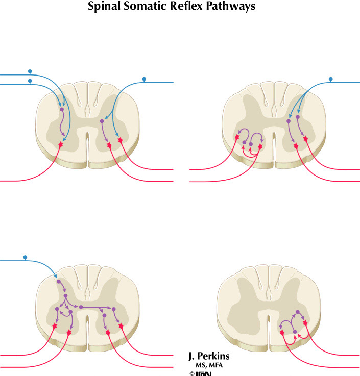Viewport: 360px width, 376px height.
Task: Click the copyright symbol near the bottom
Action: click(192, 374)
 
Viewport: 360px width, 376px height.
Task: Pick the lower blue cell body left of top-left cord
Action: click(30, 81)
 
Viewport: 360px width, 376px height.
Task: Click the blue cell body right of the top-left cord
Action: click(144, 79)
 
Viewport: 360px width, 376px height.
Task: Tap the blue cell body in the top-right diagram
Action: click(330, 79)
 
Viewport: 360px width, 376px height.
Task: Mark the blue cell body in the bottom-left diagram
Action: click(25, 257)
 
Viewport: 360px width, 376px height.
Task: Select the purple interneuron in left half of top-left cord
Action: click(61, 109)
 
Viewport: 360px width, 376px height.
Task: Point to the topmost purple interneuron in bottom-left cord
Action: click(59, 281)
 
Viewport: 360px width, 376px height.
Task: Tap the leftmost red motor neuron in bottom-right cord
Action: click(282, 333)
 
